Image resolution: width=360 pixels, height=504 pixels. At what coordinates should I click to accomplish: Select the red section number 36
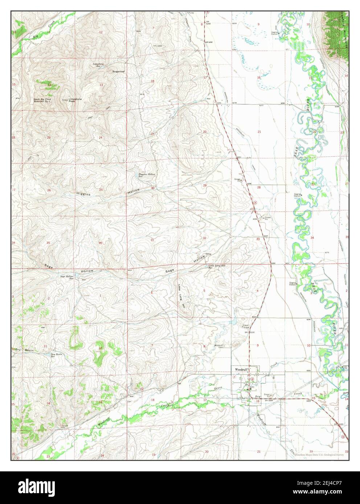point(100,243)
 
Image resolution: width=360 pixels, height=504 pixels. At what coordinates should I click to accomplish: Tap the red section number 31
point(152,240)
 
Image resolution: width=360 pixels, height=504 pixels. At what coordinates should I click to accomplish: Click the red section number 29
point(205,185)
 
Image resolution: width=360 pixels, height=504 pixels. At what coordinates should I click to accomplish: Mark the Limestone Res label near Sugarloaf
point(98,65)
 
